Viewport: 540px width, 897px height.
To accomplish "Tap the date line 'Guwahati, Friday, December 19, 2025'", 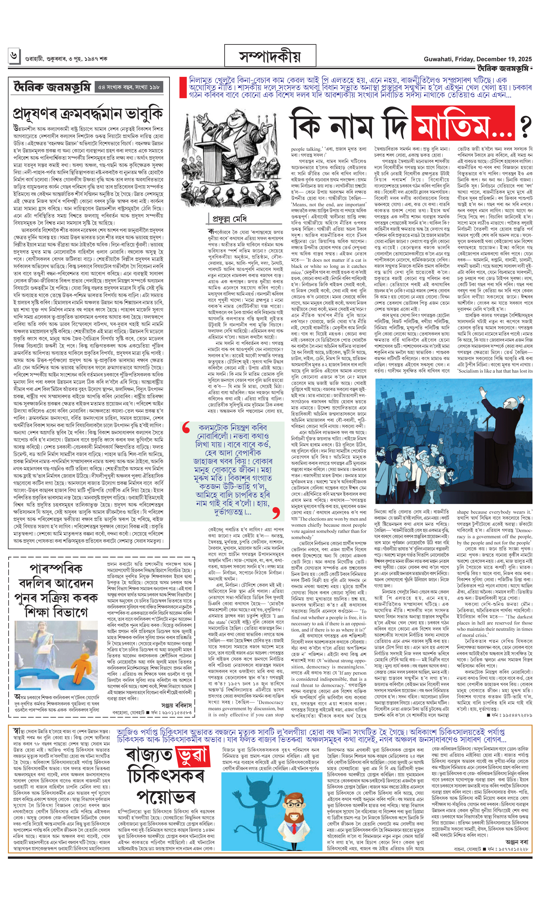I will click(x=477, y=59).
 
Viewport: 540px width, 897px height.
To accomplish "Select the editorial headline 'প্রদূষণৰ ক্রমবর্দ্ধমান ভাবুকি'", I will click(x=88, y=113).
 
